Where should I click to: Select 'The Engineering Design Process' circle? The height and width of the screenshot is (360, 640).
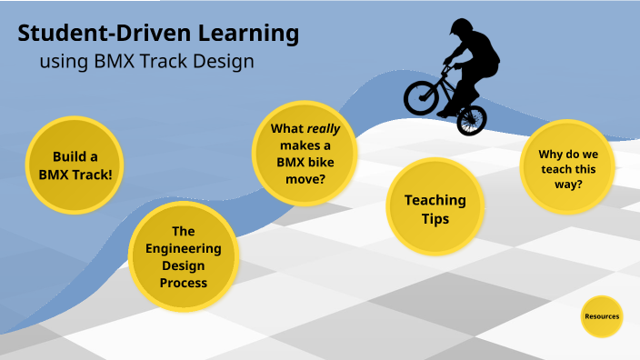184,256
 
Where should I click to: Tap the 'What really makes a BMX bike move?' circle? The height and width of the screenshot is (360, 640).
300,153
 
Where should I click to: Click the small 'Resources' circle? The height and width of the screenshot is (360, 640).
602,316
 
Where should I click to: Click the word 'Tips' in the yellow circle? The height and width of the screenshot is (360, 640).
435,219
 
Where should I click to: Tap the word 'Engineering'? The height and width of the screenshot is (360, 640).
184,248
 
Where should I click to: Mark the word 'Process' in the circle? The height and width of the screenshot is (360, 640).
184,283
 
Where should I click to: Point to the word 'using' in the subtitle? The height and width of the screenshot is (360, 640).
61,63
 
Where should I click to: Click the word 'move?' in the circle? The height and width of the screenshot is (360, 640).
300,178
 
